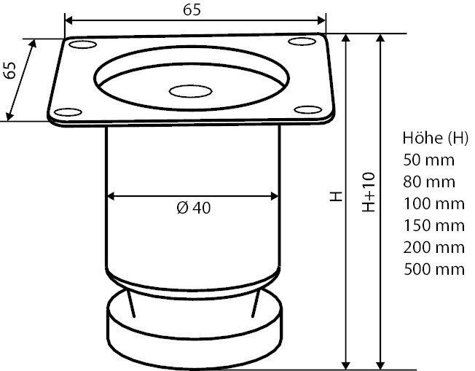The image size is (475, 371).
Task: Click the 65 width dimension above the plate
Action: (192, 9)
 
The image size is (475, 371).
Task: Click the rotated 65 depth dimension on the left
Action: (10, 71)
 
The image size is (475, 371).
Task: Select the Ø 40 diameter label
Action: (193, 208)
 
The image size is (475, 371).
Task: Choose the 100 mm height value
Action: (433, 203)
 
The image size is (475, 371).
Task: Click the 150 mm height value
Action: (433, 225)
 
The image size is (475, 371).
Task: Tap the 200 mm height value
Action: (433, 247)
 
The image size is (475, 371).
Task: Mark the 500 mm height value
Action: (433, 269)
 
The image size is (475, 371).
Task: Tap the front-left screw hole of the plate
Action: (68, 112)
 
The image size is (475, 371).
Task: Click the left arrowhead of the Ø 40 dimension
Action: (111, 195)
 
